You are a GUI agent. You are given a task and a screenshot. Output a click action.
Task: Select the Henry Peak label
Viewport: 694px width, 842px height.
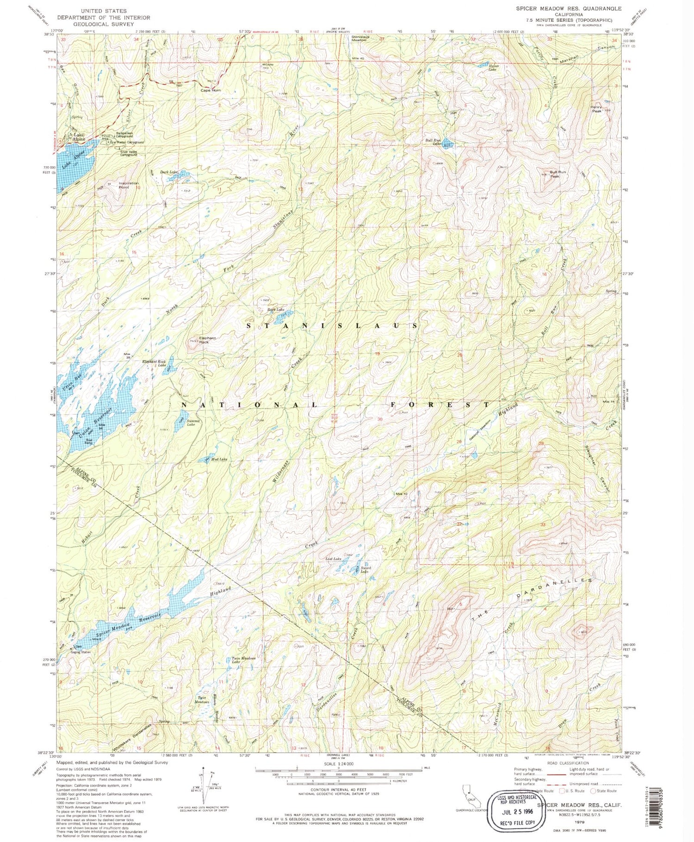click(596, 109)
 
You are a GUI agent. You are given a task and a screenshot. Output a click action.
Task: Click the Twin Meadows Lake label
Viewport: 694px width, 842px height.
click(242, 661)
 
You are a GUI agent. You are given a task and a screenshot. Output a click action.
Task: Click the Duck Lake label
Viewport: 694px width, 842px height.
click(169, 172)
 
